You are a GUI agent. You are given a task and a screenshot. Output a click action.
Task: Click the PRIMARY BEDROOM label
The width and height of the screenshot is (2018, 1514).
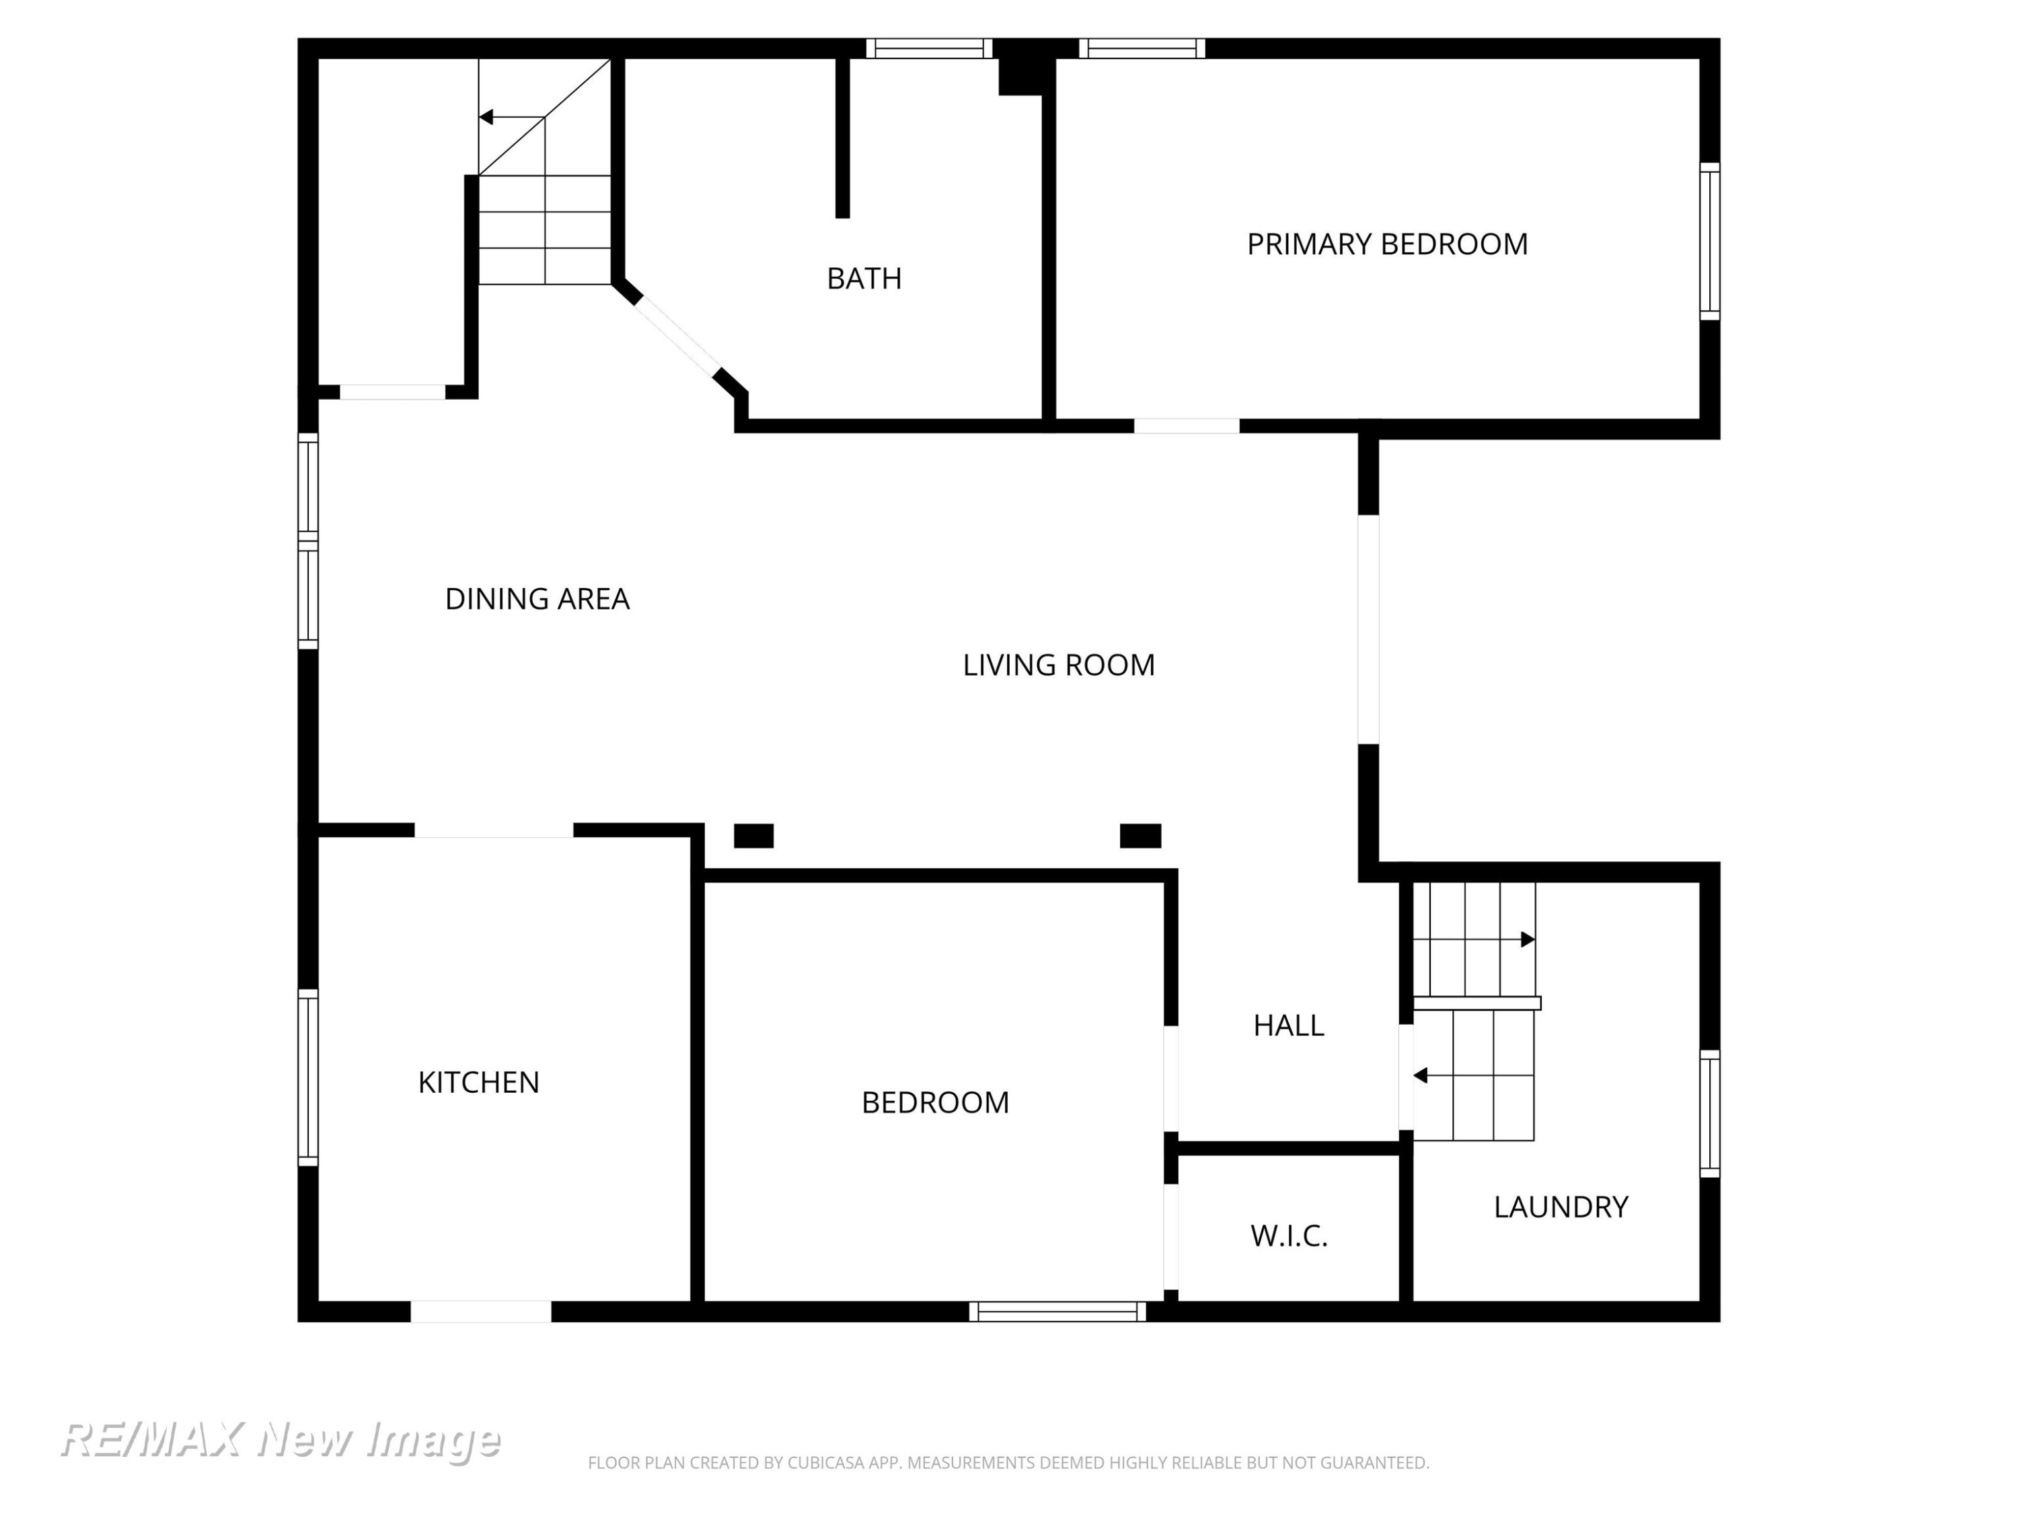click(1386, 244)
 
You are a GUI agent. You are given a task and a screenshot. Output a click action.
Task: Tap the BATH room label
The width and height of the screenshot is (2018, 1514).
click(864, 279)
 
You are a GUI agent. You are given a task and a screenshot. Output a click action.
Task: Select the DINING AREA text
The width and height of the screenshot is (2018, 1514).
click(537, 599)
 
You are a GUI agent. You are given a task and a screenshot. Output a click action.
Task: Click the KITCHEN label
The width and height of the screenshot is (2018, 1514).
click(478, 1082)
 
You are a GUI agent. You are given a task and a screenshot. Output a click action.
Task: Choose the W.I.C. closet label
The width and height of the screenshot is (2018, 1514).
click(1288, 1235)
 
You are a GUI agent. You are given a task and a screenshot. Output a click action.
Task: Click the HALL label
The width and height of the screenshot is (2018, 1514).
click(1288, 1025)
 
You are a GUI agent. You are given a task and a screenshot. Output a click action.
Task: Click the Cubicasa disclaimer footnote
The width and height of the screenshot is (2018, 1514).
click(1008, 1463)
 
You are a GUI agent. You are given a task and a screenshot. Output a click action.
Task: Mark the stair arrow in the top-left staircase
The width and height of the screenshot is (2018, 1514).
click(512, 118)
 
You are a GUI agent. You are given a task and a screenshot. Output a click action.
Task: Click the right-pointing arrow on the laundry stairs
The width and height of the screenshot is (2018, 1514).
click(1474, 939)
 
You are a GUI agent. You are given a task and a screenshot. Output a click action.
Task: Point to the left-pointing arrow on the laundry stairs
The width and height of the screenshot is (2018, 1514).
click(1473, 1076)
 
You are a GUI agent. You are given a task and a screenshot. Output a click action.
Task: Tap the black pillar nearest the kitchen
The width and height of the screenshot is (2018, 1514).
click(753, 836)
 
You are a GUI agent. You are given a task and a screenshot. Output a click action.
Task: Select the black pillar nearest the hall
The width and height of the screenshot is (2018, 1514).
click(1140, 836)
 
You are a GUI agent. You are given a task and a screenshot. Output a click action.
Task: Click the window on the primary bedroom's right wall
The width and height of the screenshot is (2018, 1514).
click(1710, 242)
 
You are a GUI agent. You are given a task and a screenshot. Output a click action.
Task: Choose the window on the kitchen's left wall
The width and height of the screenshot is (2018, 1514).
click(308, 1078)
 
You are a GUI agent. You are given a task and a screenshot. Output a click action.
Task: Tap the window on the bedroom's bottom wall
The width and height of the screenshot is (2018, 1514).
click(1057, 1311)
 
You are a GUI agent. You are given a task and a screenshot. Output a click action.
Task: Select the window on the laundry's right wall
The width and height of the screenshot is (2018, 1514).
click(1710, 1114)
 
